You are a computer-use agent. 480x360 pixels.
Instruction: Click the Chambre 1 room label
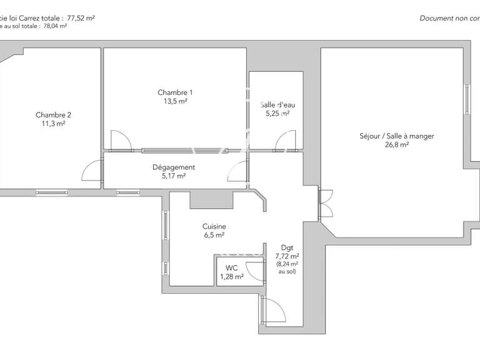pyautogui.click(x=174, y=92)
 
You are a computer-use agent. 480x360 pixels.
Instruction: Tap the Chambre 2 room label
pyautogui.click(x=53, y=115)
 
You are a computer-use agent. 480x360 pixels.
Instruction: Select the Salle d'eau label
pyautogui.click(x=275, y=105)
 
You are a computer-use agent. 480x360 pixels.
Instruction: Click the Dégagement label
pyautogui.click(x=174, y=167)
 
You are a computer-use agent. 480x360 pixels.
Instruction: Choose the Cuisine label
pyautogui.click(x=214, y=226)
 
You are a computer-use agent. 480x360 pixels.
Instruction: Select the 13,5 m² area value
pyautogui.click(x=174, y=101)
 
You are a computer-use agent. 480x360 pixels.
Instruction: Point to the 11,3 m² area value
pyautogui.click(x=53, y=124)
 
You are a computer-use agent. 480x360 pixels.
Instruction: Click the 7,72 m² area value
pyautogui.click(x=287, y=256)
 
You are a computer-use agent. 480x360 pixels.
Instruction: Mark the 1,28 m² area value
pyautogui.click(x=231, y=276)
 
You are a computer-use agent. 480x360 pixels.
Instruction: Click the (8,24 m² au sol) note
pyautogui.click(x=287, y=268)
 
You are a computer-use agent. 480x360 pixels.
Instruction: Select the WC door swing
pyautogui.click(x=255, y=270)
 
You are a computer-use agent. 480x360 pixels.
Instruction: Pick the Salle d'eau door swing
pyautogui.click(x=286, y=141)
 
